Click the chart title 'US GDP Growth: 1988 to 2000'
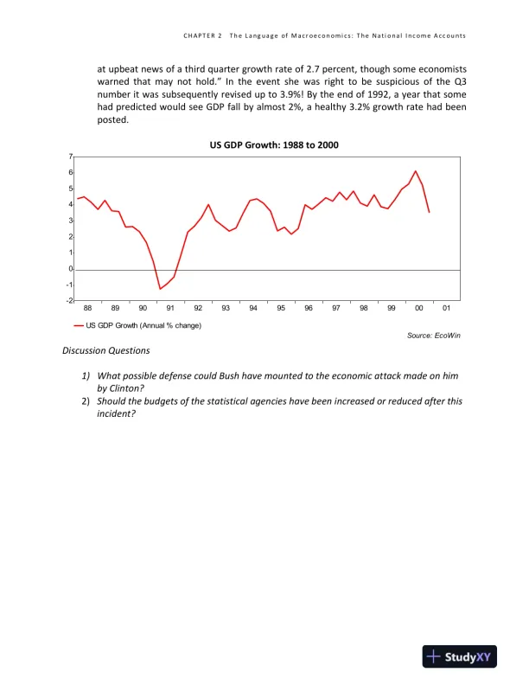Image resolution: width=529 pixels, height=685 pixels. coord(274,144)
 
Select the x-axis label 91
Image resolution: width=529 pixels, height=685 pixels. coord(170,308)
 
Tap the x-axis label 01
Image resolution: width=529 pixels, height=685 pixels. coord(446,308)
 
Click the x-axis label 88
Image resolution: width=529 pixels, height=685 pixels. coord(87,308)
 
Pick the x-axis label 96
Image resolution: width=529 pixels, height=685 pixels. coord(309,308)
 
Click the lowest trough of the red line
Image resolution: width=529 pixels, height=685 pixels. coord(160,289)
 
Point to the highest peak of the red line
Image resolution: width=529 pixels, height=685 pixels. coord(416,171)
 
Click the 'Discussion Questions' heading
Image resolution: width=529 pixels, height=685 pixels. coord(106,350)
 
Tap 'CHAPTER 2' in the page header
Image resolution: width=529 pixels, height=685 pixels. coord(202,35)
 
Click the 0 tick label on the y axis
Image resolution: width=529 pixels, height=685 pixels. coord(70,269)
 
